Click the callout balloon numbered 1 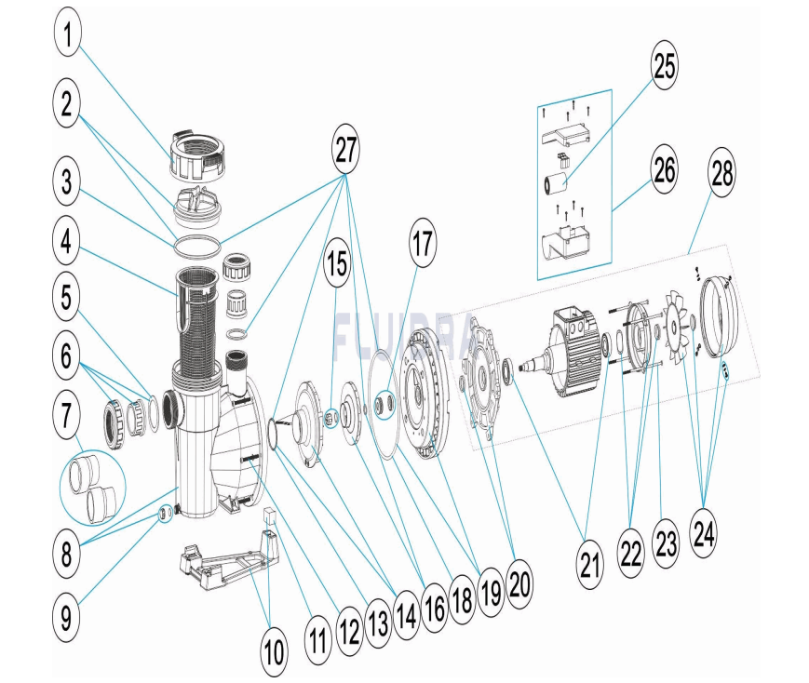pos(66,34)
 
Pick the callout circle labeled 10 pos(273,652)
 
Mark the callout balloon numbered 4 pos(66,246)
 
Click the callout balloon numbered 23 pos(667,543)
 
